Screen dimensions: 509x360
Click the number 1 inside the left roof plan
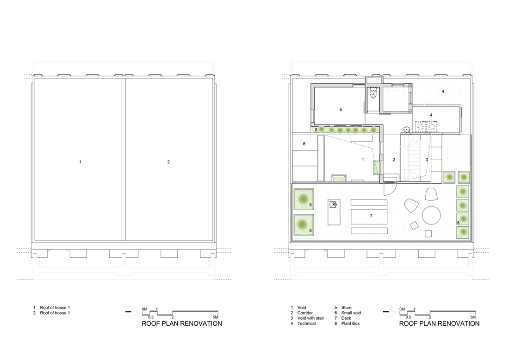80,161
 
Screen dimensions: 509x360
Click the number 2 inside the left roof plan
168,161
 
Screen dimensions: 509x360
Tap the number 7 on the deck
371,216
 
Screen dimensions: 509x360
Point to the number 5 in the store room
341,109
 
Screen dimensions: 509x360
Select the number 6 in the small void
304,144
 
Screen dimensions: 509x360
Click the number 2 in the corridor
394,159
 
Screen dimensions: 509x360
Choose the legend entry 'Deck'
347,318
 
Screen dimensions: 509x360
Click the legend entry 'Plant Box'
351,323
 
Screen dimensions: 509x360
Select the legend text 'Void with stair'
310,318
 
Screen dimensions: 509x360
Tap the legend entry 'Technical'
306,323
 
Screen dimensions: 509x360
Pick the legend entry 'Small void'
351,313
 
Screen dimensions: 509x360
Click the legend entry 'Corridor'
305,313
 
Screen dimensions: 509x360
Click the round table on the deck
431,215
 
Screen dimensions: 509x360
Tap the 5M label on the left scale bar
215,317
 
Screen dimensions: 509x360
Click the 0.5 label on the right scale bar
409,317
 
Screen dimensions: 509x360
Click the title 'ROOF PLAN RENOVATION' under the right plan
439,323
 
